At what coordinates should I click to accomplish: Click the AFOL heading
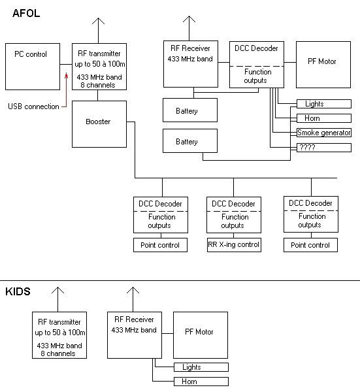tap(26, 13)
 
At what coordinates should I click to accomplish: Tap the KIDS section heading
tap(18, 291)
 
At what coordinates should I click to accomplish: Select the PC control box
tap(33, 67)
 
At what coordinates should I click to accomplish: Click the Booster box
tap(99, 124)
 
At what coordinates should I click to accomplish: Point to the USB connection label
tap(33, 106)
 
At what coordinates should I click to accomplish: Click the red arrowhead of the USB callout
tap(66, 75)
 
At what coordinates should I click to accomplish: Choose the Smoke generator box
tap(324, 133)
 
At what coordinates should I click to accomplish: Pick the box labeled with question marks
tap(324, 148)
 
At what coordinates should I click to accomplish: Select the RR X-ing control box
tap(234, 245)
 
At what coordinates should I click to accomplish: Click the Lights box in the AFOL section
tap(324, 104)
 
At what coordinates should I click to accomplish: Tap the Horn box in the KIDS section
tap(201, 382)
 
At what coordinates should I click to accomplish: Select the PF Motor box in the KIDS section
tap(201, 335)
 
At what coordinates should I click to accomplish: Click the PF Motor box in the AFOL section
tap(323, 65)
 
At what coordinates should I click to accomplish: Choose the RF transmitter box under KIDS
tap(59, 335)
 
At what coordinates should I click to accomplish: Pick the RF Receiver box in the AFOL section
tap(191, 64)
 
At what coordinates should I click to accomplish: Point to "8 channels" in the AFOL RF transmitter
tap(98, 85)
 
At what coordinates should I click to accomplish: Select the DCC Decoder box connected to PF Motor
tap(257, 65)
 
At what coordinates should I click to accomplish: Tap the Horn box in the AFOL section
tap(324, 118)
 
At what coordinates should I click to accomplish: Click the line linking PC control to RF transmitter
tap(66, 64)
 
